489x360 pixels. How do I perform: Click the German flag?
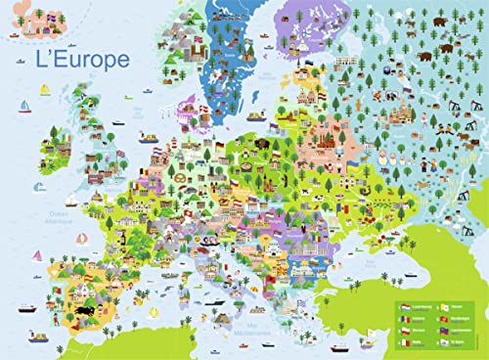(221, 148)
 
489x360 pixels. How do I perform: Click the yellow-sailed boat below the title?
(45, 91)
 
